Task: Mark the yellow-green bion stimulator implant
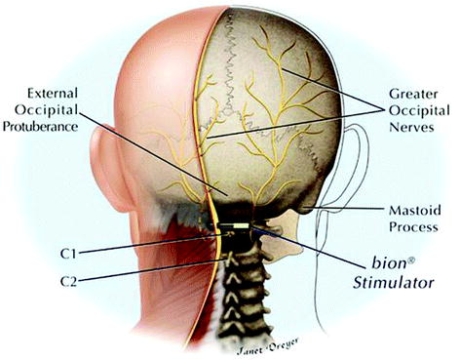point(234,231)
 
